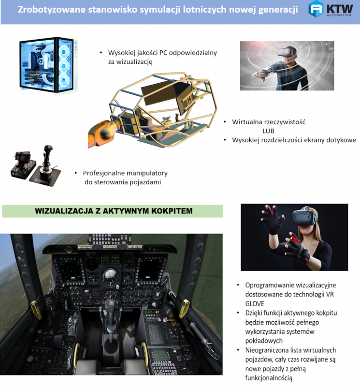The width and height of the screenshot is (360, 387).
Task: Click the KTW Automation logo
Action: coord(331,9)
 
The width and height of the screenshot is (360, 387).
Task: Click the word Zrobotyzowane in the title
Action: coord(51,9)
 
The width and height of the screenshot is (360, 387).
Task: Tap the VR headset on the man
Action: coord(287,52)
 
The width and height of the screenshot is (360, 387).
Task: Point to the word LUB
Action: coord(268,131)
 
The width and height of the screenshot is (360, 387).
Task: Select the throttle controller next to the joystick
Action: coord(23,165)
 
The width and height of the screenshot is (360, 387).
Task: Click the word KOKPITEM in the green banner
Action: coord(172,211)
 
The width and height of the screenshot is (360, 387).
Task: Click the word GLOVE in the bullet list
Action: coord(255,304)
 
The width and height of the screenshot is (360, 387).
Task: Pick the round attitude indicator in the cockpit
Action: coord(110,274)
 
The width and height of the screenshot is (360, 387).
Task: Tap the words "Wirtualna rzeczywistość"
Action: coord(269,122)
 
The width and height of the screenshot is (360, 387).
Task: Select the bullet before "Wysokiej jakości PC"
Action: coord(101,53)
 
